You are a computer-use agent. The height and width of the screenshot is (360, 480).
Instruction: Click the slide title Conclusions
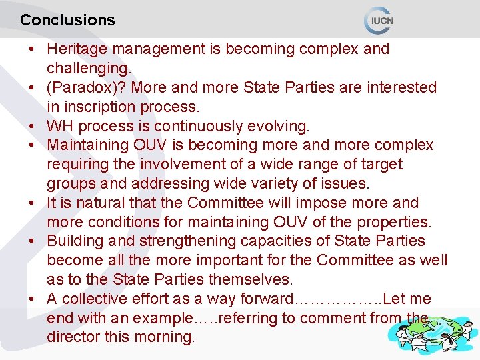67,20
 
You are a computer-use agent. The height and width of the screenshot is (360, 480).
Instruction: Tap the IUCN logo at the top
379,20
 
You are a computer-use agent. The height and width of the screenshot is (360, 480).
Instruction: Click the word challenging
88,68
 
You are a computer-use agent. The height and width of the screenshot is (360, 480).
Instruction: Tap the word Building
73,241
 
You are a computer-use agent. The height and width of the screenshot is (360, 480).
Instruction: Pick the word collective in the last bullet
97,299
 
